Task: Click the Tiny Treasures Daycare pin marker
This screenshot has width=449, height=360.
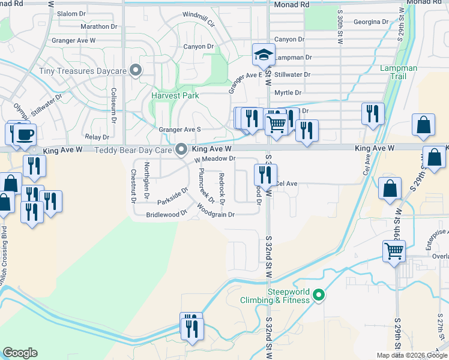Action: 136,71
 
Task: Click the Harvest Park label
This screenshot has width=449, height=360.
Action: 175,95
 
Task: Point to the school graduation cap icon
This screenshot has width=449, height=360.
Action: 264,55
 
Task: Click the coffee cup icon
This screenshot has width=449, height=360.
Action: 25,134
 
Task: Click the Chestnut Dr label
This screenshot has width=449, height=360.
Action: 133,185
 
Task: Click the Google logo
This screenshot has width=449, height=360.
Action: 20,353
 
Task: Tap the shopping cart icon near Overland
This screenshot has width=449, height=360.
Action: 394,251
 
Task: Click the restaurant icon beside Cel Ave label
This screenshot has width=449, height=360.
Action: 265,175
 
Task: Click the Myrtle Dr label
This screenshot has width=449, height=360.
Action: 288,92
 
